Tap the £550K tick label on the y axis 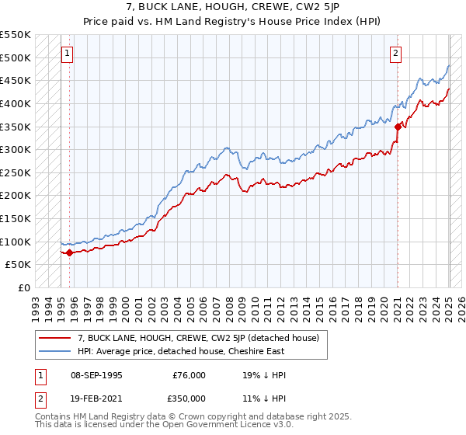point(16,35)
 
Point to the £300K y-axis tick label point(16,149)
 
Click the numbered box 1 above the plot point(67,54)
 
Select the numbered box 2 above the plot point(395,54)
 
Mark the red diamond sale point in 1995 point(69,252)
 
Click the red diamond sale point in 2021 point(398,127)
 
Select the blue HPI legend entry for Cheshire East point(181,351)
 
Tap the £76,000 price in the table point(188,375)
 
